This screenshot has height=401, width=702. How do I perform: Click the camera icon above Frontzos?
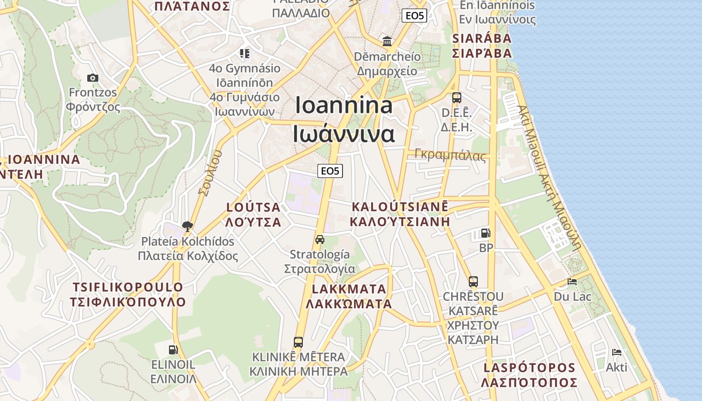click(x=92, y=78)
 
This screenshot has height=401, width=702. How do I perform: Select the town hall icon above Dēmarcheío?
click(x=387, y=41)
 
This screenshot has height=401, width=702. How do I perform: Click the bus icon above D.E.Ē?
click(x=456, y=97)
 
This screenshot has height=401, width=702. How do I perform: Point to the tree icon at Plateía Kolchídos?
click(x=188, y=226)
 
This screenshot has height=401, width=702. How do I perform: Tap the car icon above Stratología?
click(x=320, y=239)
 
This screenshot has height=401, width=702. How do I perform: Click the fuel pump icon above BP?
click(x=485, y=233)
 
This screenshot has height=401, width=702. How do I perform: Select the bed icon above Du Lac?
click(x=572, y=281)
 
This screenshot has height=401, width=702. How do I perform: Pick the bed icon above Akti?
click(x=617, y=352)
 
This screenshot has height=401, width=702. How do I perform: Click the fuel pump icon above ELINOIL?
click(x=173, y=349)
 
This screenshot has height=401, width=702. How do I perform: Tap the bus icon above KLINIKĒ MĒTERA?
click(x=298, y=342)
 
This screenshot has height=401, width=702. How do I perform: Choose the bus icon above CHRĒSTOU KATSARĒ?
click(x=473, y=281)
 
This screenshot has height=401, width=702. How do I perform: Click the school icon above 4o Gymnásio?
click(x=245, y=53)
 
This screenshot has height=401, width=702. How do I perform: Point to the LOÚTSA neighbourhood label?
click(x=253, y=214)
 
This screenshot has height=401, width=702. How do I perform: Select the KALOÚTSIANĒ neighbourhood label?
click(x=400, y=214)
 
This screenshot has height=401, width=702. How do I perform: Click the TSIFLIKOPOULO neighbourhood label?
click(x=128, y=295)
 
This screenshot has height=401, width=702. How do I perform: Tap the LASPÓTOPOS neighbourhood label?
click(x=529, y=375)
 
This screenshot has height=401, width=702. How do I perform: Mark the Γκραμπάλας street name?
click(x=450, y=155)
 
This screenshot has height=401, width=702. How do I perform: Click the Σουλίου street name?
click(x=210, y=173)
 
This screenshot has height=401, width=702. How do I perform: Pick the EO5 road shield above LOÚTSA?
click(x=330, y=171)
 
